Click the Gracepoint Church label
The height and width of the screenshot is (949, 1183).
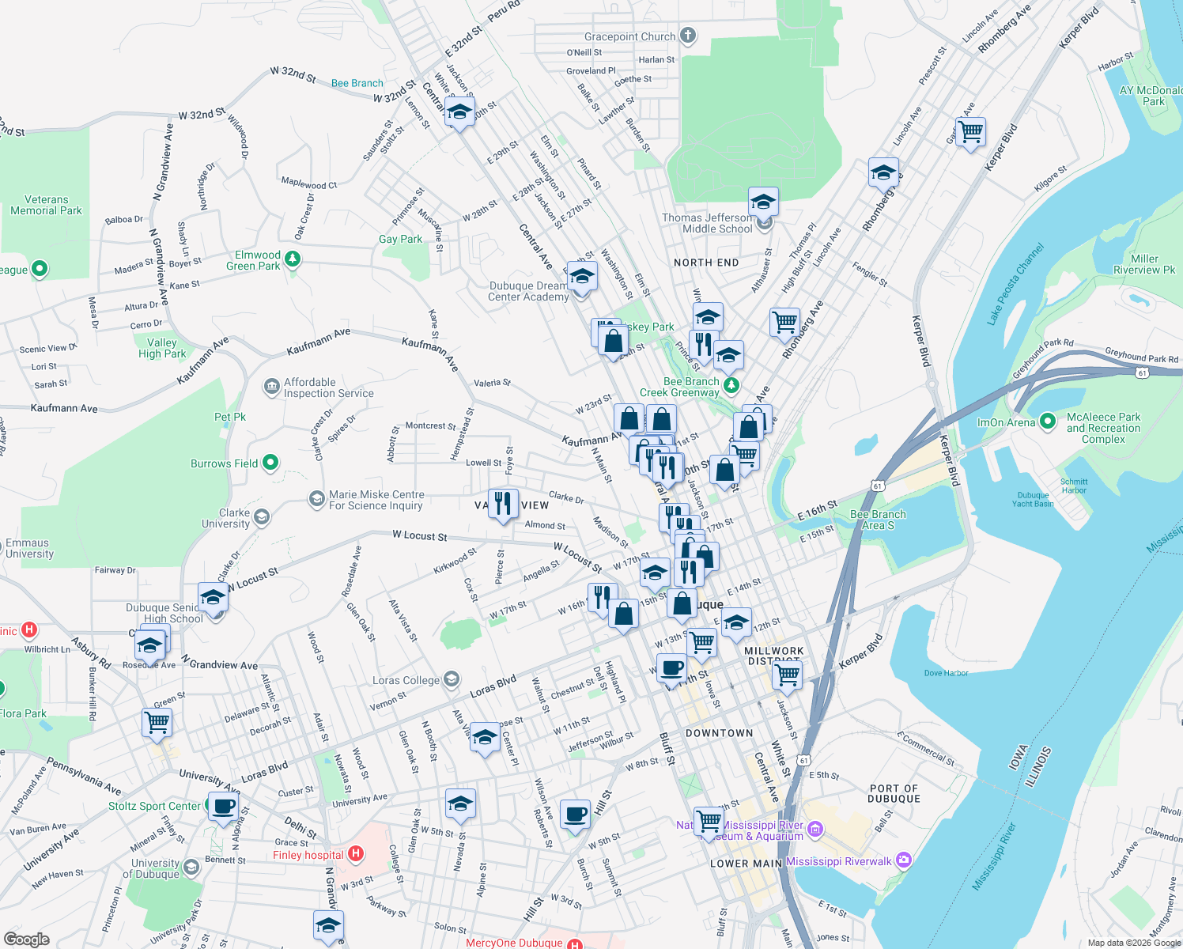(629, 36)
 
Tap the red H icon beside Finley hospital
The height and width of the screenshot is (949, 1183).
(356, 854)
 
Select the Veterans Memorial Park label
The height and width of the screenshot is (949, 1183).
(46, 206)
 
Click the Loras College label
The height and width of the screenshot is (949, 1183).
(406, 680)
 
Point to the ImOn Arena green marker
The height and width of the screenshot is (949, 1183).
(1048, 422)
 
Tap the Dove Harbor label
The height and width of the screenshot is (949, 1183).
(946, 673)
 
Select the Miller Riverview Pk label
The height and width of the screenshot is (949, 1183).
(1144, 264)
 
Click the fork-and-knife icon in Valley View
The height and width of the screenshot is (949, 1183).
(503, 503)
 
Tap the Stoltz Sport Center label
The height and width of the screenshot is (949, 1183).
(154, 806)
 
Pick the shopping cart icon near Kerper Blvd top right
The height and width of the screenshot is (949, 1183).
(969, 131)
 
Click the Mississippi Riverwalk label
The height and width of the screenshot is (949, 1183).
(838, 861)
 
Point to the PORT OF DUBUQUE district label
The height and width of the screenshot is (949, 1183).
(894, 793)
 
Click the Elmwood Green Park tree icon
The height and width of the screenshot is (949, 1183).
(293, 259)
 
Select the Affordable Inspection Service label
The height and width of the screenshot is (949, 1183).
(328, 388)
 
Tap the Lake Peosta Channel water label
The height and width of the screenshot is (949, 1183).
(1015, 285)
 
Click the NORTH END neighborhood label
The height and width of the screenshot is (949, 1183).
(706, 263)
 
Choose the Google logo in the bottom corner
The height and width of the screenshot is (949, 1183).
(26, 939)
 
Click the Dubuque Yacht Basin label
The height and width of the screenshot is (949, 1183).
(1033, 500)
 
